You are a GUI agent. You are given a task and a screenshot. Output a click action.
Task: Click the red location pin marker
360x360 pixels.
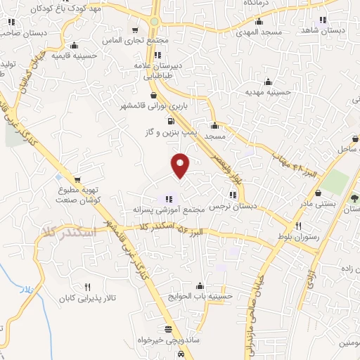[181, 166]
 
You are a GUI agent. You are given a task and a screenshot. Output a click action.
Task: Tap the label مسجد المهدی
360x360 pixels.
[258, 32]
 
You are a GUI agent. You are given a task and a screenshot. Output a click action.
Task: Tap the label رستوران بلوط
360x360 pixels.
[299, 237]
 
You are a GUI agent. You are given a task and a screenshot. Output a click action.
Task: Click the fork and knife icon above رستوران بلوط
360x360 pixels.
[299, 226]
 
